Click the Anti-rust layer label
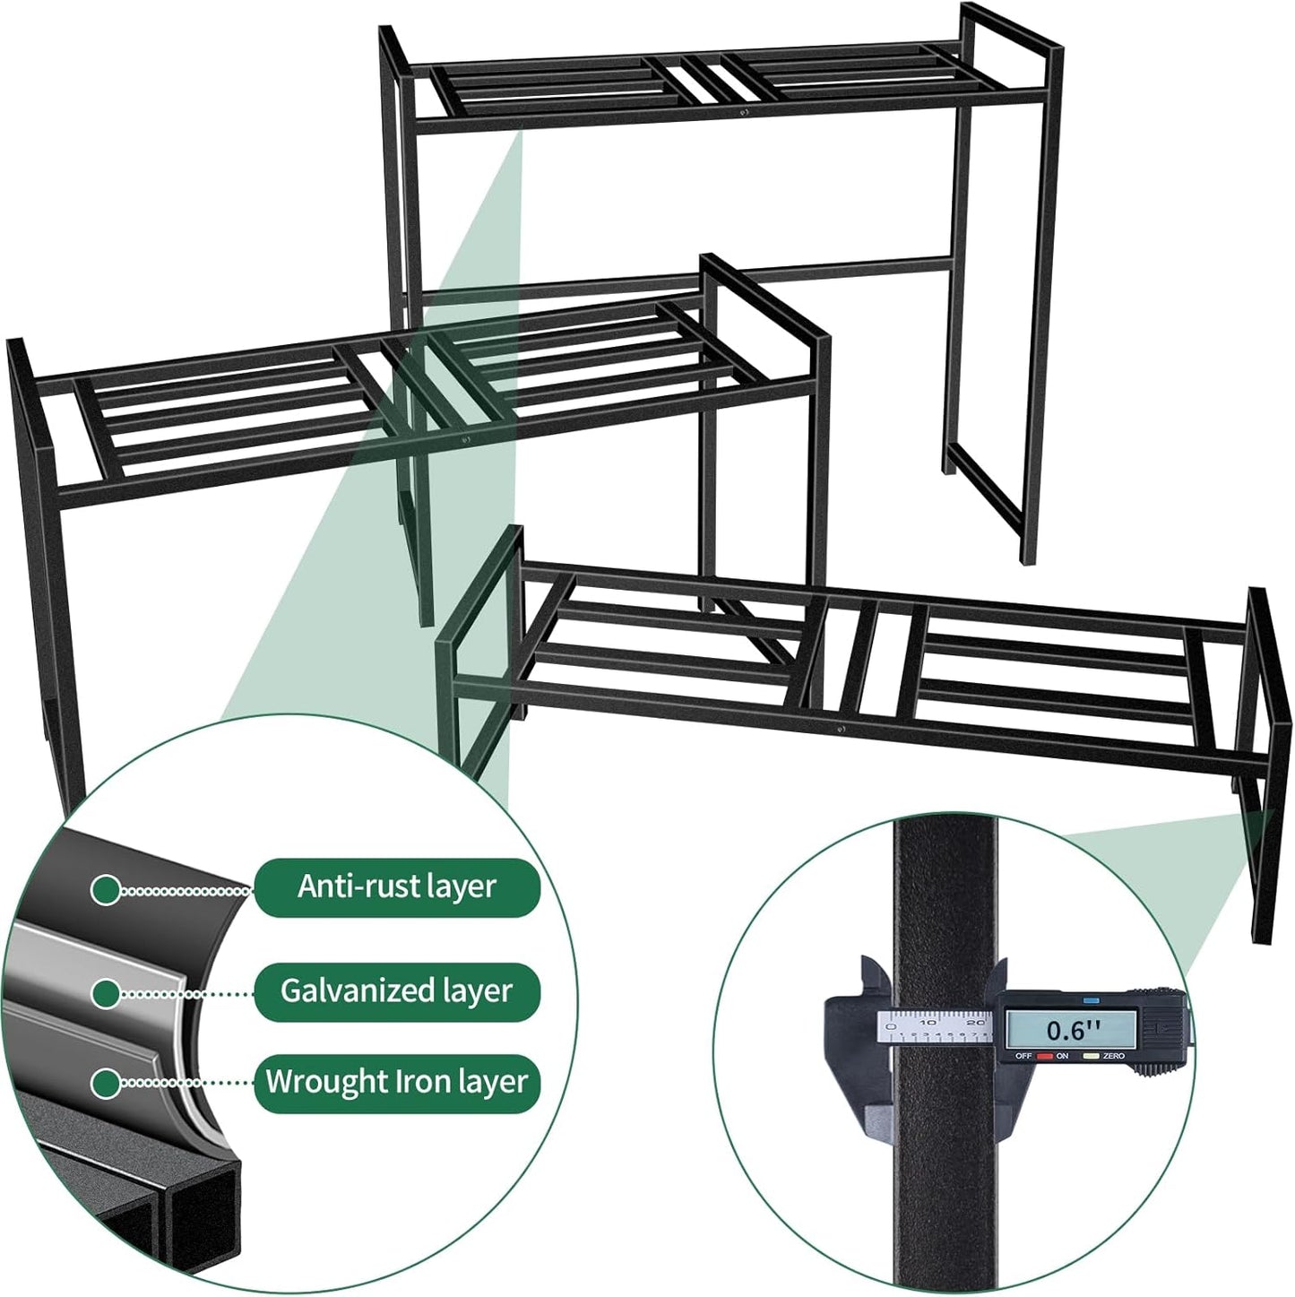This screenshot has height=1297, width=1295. point(397,887)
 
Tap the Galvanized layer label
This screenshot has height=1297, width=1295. point(397,991)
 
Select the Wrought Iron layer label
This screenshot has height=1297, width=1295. point(397,1082)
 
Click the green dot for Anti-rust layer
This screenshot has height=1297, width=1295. point(106,890)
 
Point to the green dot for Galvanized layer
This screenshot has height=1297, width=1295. point(106,992)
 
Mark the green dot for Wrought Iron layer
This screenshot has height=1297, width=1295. point(106,1083)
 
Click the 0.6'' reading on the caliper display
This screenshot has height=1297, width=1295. point(1073,1030)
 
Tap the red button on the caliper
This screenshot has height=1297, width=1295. point(1044,1057)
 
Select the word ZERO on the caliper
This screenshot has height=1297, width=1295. point(1114,1057)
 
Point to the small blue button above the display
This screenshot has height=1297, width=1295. point(1091,999)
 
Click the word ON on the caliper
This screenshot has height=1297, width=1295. point(1063,1057)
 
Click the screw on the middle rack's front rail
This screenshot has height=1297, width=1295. point(466,439)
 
